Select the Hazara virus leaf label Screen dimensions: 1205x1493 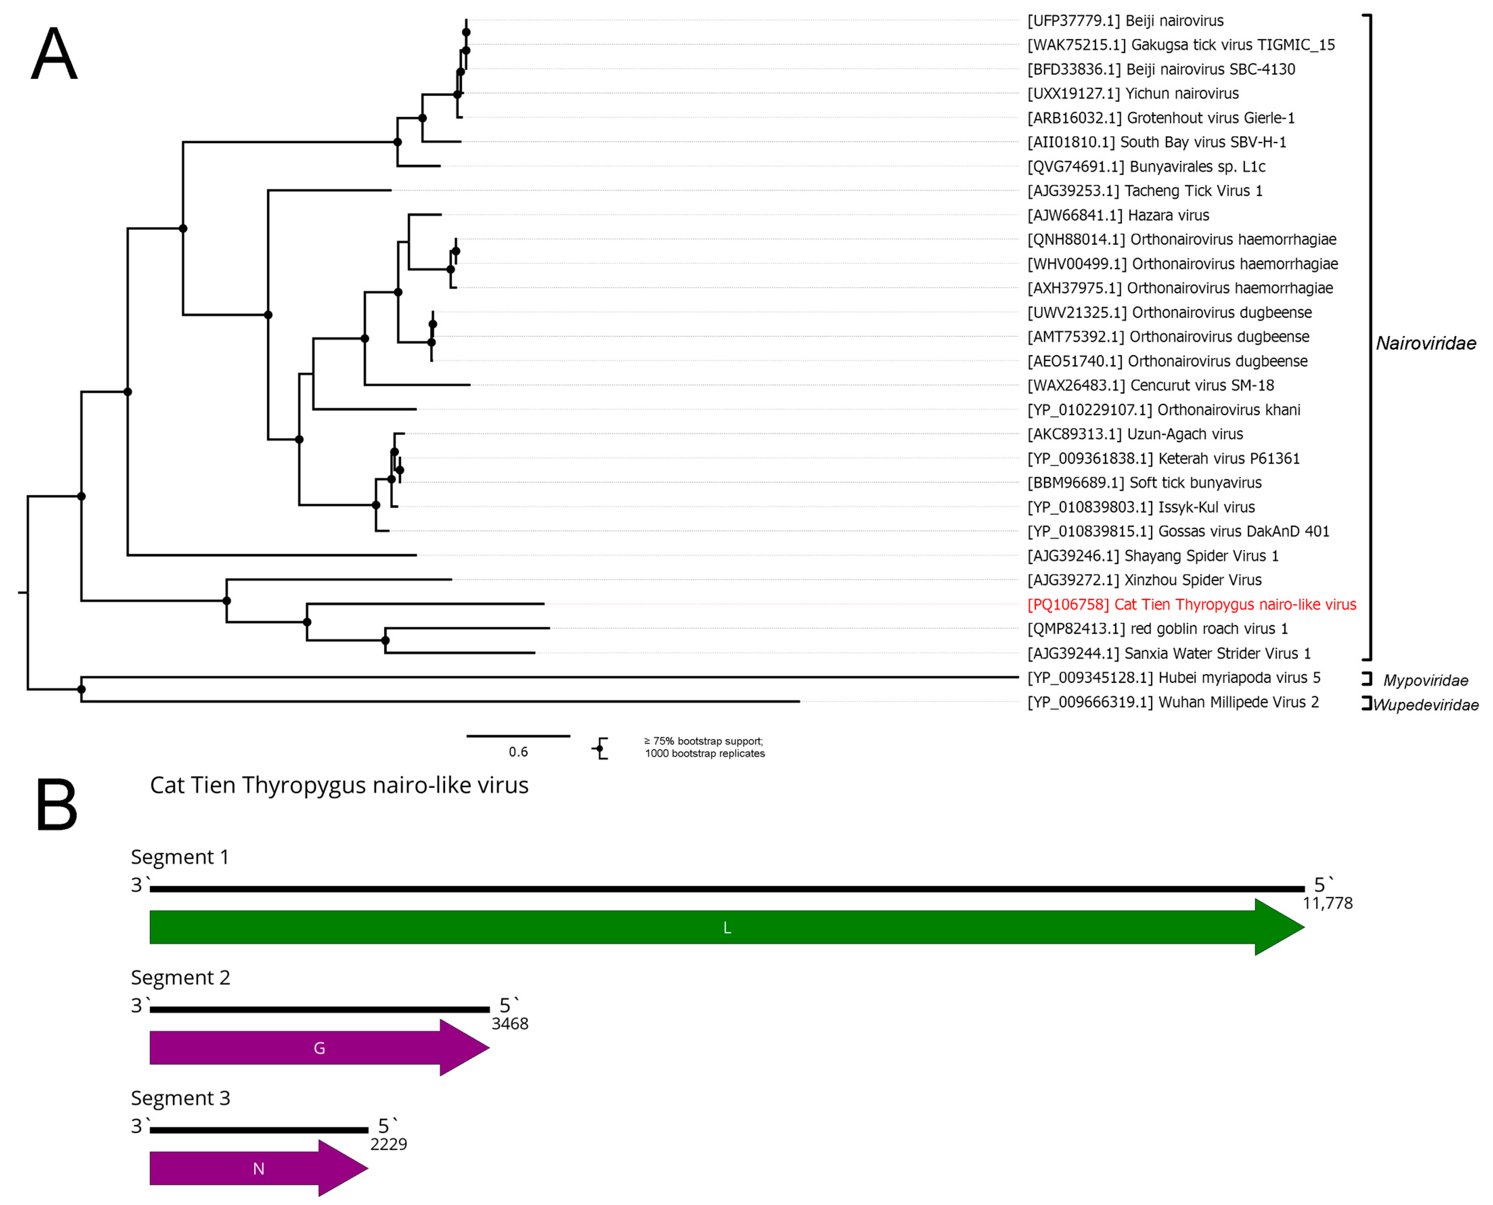pyautogui.click(x=1118, y=215)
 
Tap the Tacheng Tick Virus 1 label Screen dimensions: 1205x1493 pyautogui.click(x=1144, y=191)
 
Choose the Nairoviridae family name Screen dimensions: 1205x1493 pyautogui.click(x=1426, y=343)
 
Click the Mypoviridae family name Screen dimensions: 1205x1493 pyautogui.click(x=1426, y=680)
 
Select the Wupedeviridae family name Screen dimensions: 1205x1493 pyautogui.click(x=1426, y=705)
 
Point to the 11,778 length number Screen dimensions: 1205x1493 pyautogui.click(x=1327, y=903)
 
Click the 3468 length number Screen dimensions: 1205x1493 pyautogui.click(x=510, y=1024)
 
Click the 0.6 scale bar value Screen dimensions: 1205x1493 pyautogui.click(x=518, y=752)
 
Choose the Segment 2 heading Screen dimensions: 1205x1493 pyautogui.click(x=180, y=977)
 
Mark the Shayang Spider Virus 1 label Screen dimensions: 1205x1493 pyautogui.click(x=1153, y=555)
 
